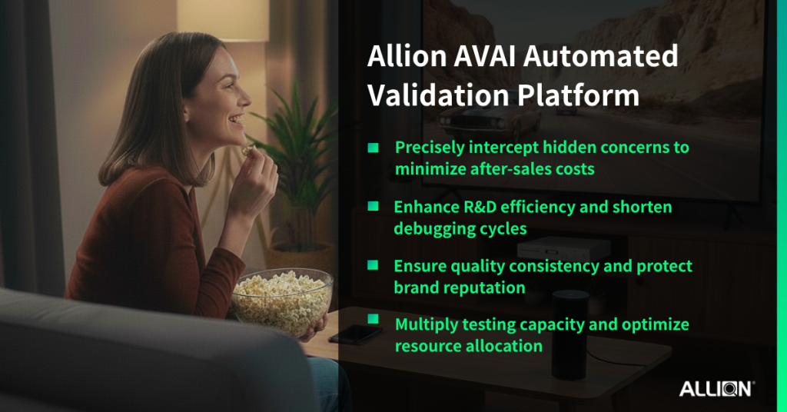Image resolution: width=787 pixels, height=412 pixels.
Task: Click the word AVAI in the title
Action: pyautogui.click(x=484, y=55)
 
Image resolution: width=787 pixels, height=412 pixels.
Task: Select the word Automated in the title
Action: pyautogui.click(x=600, y=55)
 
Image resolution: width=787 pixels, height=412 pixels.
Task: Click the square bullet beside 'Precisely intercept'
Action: pyautogui.click(x=373, y=147)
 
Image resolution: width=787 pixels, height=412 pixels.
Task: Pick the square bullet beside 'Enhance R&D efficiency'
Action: pyautogui.click(x=373, y=206)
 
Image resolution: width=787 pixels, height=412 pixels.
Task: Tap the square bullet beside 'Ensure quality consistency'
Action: pyautogui.click(x=373, y=265)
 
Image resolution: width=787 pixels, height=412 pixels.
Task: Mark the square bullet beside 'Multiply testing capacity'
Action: pyautogui.click(x=373, y=319)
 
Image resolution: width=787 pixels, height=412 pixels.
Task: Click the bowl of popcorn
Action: pyautogui.click(x=281, y=302)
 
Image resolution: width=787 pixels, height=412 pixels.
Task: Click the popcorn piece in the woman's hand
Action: pyautogui.click(x=247, y=149)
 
